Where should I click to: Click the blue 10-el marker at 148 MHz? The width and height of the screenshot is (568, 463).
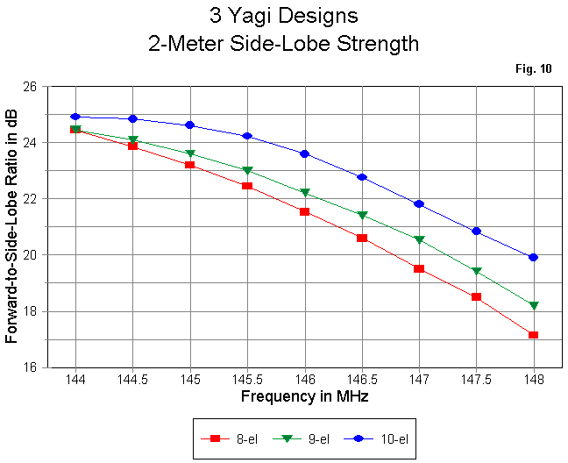pos(533,257)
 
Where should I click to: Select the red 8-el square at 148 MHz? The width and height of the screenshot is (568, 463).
pos(533,335)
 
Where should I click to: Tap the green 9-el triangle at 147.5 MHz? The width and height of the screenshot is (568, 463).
pos(476,271)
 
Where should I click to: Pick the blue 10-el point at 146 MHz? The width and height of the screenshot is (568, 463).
pos(304,153)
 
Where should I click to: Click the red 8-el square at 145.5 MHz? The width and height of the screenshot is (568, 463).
pos(247,186)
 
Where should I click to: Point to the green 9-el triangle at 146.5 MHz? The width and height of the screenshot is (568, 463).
pos(361,215)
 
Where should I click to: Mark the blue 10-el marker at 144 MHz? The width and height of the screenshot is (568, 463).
pos(75,117)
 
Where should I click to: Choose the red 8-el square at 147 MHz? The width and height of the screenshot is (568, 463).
pos(419,268)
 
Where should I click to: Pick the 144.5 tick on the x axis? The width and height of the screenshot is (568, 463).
pos(132,380)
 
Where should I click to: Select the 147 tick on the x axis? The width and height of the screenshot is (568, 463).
pos(419,380)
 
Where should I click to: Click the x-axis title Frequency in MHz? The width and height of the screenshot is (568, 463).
pos(304,396)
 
